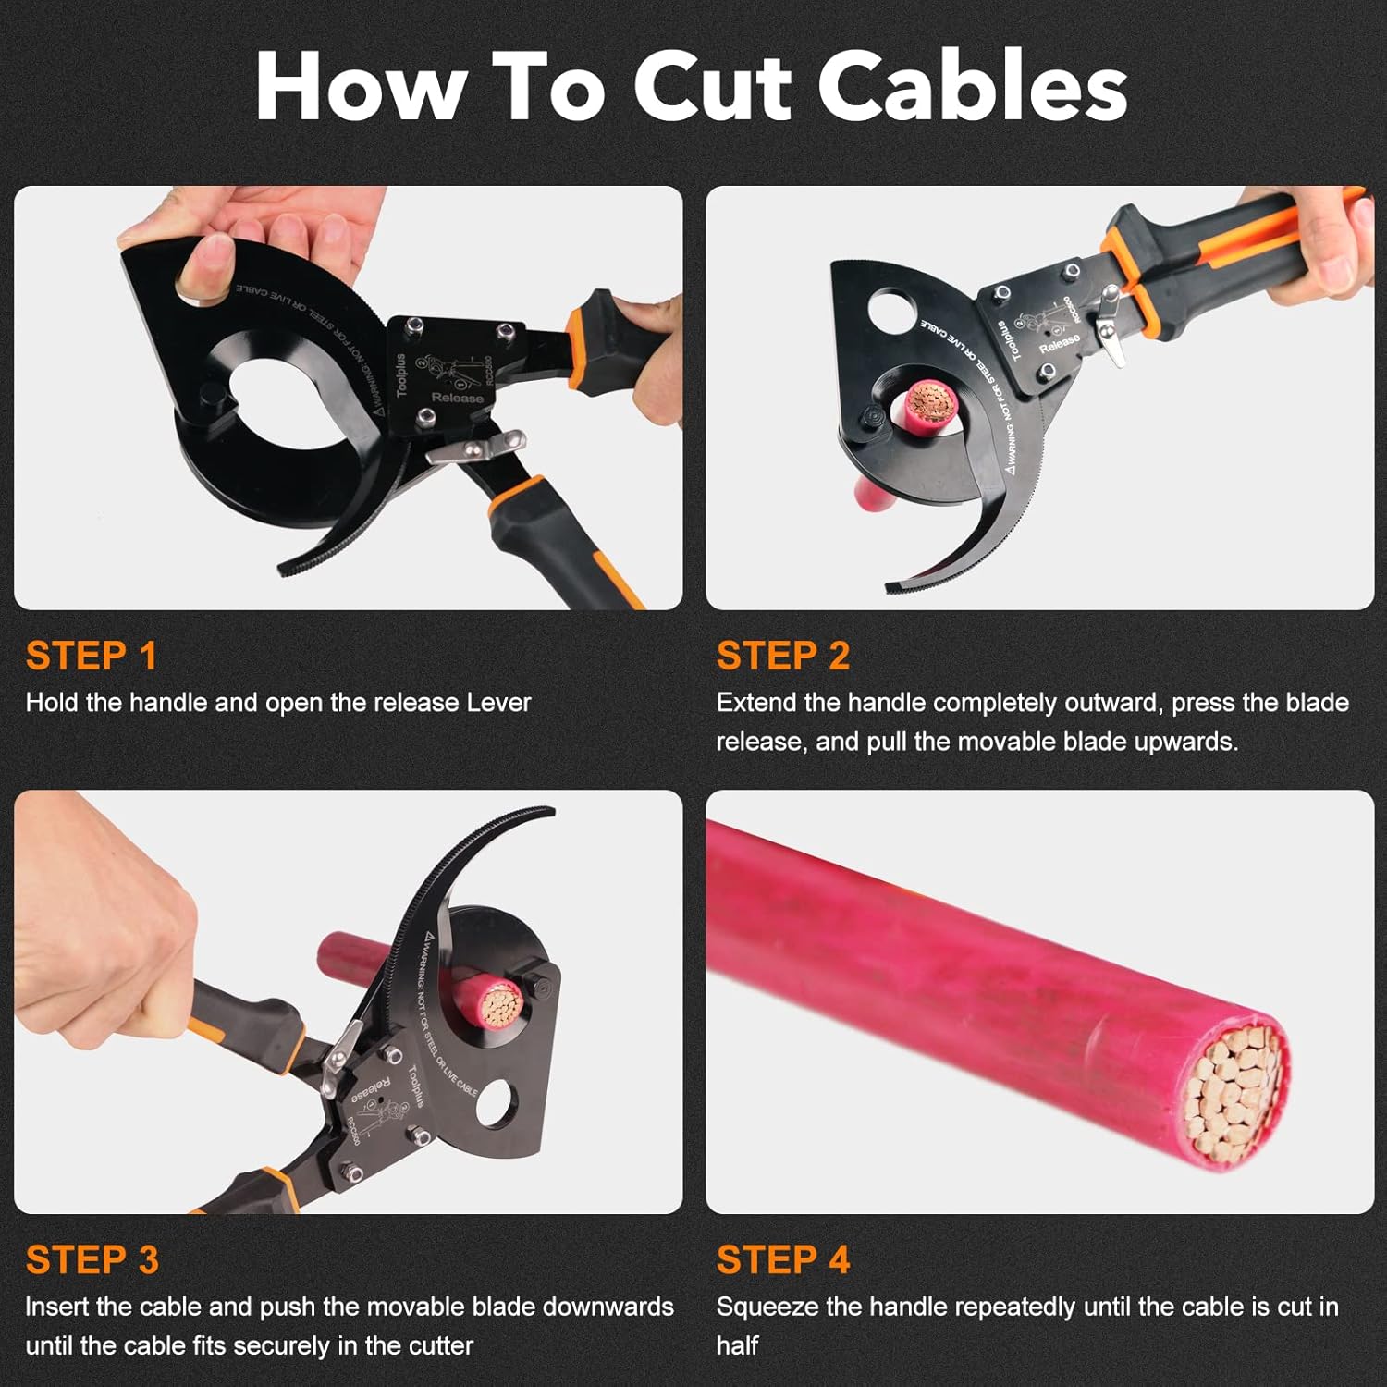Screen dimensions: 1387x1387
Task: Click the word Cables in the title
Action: (x=972, y=86)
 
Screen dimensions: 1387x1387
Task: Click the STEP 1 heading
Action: (x=92, y=656)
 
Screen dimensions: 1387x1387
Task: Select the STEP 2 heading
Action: (x=782, y=656)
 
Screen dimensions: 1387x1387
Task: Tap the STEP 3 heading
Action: (x=92, y=1259)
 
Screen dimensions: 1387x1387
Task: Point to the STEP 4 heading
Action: (x=782, y=1259)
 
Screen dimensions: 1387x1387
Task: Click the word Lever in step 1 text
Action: (x=498, y=703)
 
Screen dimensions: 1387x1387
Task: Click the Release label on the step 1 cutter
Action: (x=457, y=397)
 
